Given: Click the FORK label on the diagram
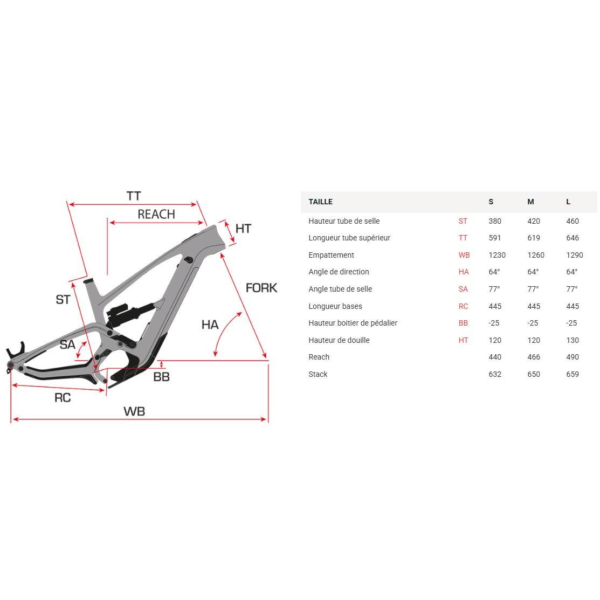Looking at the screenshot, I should tap(261, 288).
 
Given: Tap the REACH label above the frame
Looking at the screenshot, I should tap(156, 215).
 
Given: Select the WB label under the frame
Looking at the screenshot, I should tap(134, 411).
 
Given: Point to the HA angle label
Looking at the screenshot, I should tap(210, 325).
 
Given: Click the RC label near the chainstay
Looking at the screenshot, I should tap(63, 398).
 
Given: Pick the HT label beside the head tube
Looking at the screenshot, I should tap(243, 229).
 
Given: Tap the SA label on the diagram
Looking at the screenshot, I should tap(67, 344).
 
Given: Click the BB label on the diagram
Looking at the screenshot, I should tap(162, 377).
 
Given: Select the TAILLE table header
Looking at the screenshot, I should tap(320, 202).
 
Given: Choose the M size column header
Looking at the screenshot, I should tap(530, 202).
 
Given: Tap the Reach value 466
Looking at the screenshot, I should tap(534, 357).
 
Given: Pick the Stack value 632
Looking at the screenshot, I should tap(495, 374).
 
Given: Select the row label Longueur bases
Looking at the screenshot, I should tap(335, 306).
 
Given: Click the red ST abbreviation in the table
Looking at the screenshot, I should tap(463, 221).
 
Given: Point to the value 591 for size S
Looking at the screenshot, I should tap(495, 238).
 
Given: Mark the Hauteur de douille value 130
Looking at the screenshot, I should tap(573, 340).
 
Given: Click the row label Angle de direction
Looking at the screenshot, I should tap(339, 272).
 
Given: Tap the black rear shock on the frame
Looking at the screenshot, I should tap(127, 313).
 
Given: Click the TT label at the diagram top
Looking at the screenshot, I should tap(134, 196).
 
